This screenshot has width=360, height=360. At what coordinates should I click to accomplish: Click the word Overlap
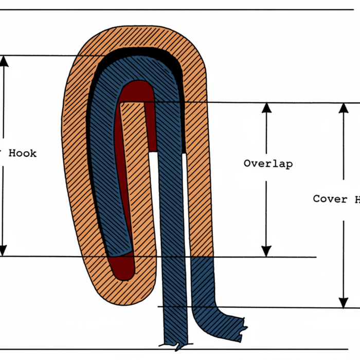[x=268, y=164]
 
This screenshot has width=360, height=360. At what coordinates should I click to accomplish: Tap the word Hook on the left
[x=23, y=153]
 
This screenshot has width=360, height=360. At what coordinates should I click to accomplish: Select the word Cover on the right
[x=330, y=199]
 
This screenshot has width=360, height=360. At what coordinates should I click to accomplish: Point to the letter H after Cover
[x=355, y=199]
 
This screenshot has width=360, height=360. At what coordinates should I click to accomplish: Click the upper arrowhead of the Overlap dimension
[x=266, y=108]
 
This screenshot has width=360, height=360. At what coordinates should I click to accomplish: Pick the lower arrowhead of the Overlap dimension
[x=266, y=251]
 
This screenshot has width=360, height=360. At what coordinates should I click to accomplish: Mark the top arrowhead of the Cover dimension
[x=343, y=108]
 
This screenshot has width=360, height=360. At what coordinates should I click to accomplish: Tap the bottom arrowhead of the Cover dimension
[x=343, y=302]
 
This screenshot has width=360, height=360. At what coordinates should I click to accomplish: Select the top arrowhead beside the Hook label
[x=4, y=61]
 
